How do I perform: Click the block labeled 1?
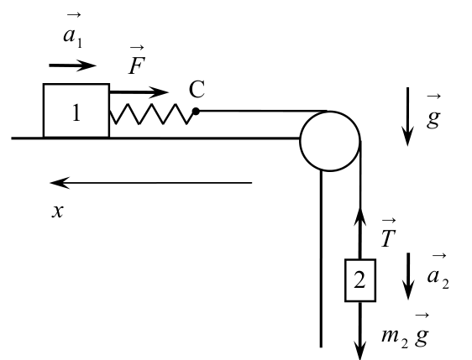(76, 111)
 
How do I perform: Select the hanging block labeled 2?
(360, 280)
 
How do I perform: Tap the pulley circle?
(330, 141)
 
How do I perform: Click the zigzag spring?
(152, 114)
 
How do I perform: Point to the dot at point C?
(196, 112)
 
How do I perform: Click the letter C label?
(197, 89)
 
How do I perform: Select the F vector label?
(137, 60)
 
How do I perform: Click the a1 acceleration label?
(73, 30)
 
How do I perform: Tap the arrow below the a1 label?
(72, 65)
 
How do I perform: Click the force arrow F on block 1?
(139, 92)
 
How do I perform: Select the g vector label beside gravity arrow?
(433, 112)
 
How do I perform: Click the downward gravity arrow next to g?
(408, 117)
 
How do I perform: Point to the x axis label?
(57, 211)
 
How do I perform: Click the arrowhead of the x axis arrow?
(50, 183)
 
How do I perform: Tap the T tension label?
(388, 233)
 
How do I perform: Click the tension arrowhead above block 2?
(360, 207)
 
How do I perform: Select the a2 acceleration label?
(438, 272)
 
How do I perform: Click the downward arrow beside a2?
(408, 276)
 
